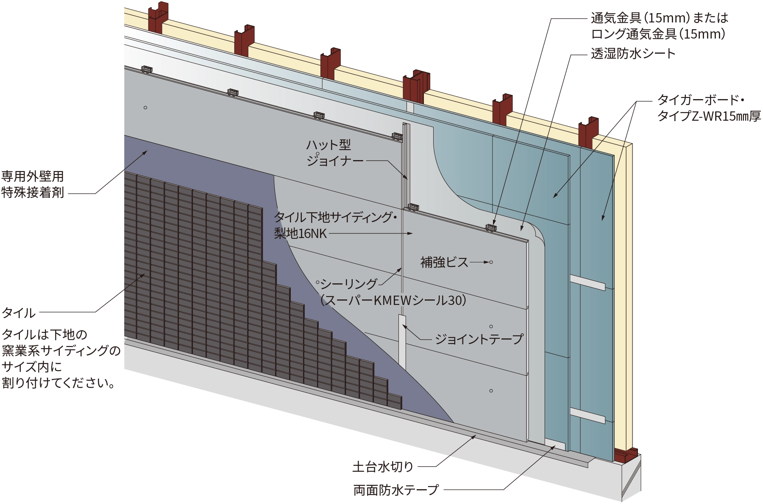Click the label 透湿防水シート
(x=633, y=54)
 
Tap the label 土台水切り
(x=382, y=467)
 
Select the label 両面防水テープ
(x=396, y=490)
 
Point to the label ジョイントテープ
(x=479, y=339)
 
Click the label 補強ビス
(x=444, y=263)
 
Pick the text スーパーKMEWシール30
(x=393, y=300)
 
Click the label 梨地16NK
(x=300, y=233)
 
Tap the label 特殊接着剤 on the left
(x=33, y=193)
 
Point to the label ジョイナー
(x=335, y=161)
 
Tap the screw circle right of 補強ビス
(x=491, y=262)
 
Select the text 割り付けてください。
(x=58, y=383)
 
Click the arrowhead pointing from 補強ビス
(x=486, y=262)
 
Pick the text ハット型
(x=329, y=145)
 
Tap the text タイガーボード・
(x=700, y=100)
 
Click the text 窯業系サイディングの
(x=61, y=351)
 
